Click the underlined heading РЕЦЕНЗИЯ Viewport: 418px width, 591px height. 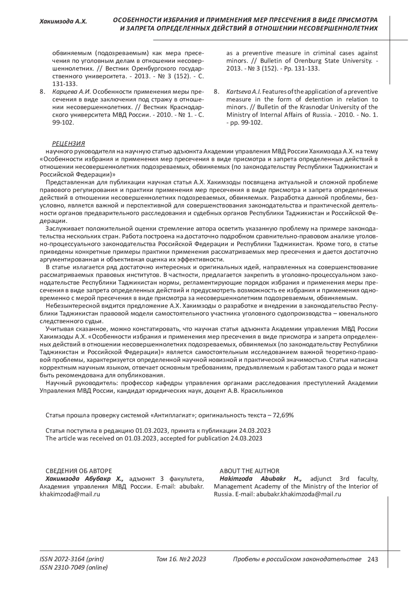coord(68,144)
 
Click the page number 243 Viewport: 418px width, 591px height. coord(372,560)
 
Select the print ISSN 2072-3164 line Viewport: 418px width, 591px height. coord(72,559)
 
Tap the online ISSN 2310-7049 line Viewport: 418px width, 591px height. coord(74,568)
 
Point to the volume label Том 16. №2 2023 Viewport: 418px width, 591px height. coord(181,559)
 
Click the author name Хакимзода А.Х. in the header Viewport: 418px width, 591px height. coord(63,22)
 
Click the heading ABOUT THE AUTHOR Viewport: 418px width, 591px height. coord(249,471)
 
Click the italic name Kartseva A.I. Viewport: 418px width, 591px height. coord(243,92)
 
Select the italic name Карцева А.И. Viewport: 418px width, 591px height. coord(71,92)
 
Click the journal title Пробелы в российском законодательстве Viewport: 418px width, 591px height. coord(297,559)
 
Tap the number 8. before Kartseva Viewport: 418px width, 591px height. coord(216,92)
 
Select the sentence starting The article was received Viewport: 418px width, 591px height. coord(154,438)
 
